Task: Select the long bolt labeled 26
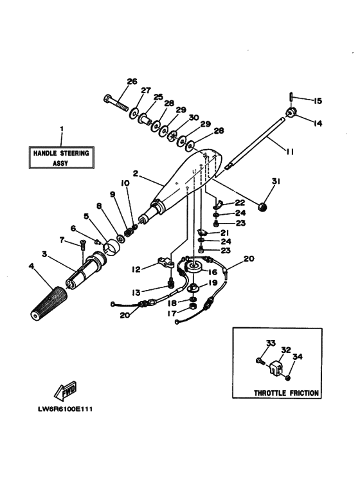[x=116, y=103]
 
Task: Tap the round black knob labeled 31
[x=262, y=206]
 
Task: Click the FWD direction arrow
[x=66, y=391]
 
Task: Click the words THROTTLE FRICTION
[x=286, y=392]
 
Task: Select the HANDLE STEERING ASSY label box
[x=61, y=158]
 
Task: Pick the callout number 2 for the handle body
[x=136, y=173]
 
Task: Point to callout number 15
[x=317, y=101]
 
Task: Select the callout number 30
[x=194, y=117]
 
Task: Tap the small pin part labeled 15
[x=291, y=97]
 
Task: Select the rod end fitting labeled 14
[x=293, y=114]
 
